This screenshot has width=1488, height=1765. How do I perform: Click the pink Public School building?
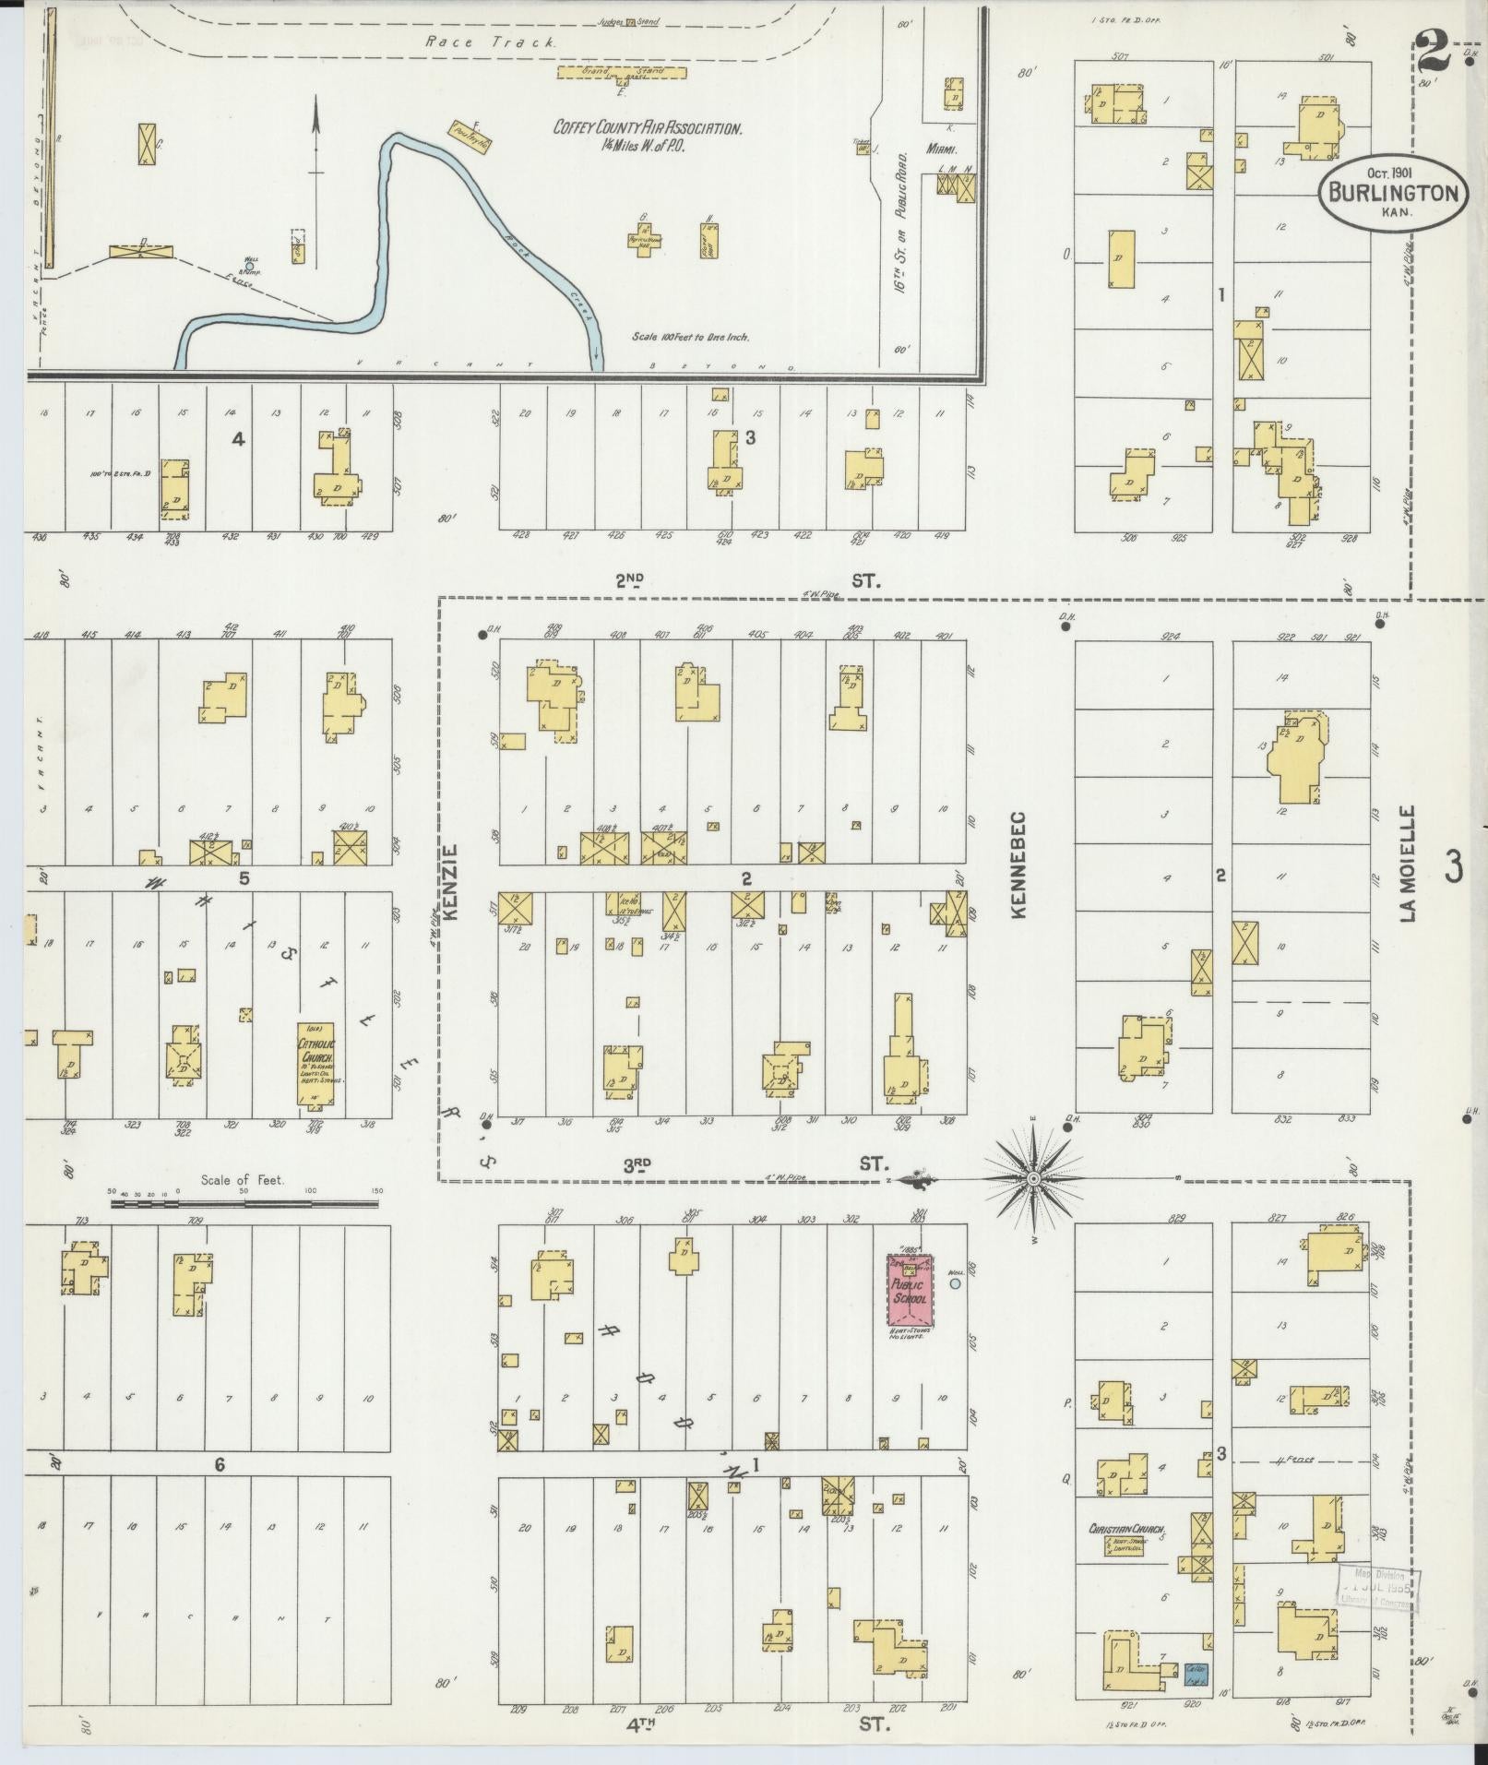coord(909,1291)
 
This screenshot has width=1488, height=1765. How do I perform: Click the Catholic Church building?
coord(315,1062)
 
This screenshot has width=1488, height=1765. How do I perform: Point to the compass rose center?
coord(1033,1178)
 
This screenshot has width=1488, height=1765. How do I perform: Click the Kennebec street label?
coord(1018,865)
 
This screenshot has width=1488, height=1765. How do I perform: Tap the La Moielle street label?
coord(1407,863)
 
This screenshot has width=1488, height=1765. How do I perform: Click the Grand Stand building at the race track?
coord(621,71)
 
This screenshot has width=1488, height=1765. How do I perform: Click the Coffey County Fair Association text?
coord(647,129)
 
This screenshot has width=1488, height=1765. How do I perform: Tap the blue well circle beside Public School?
coord(955,1282)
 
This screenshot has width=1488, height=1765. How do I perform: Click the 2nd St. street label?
coord(747,579)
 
